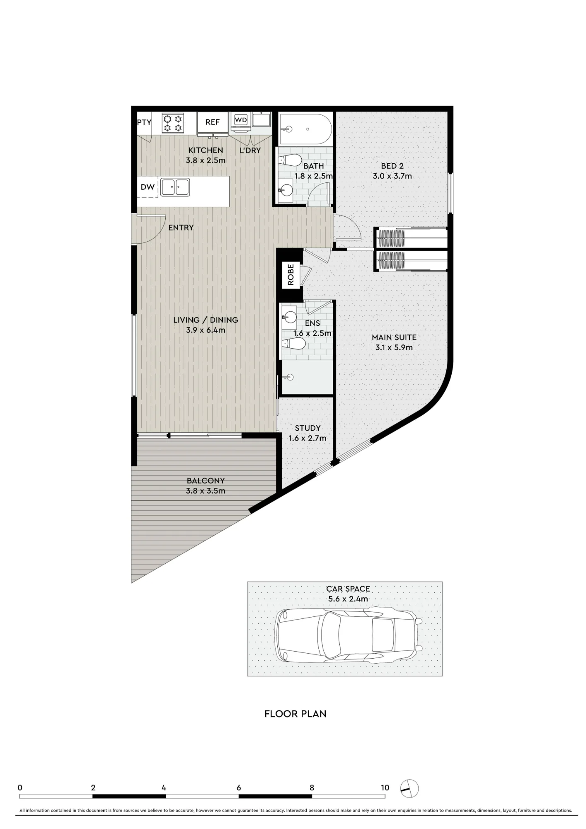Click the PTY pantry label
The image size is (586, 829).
[144, 122]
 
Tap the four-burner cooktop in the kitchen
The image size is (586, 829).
[173, 123]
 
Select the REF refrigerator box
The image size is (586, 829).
[213, 123]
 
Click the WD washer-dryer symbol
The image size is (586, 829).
[241, 120]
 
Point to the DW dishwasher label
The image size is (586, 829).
[148, 187]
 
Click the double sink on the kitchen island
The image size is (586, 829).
[175, 187]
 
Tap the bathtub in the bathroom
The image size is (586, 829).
[306, 129]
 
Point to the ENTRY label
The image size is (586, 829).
[181, 228]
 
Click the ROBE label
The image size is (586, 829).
[291, 274]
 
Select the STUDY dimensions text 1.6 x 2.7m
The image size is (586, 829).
[308, 438]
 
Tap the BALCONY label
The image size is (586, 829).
[206, 481]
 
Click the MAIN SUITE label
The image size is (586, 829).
[394, 337]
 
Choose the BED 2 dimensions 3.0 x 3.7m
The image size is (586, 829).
[392, 176]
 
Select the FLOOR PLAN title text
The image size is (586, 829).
[295, 714]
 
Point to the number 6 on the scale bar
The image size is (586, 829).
[239, 788]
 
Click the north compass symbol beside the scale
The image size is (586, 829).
[409, 788]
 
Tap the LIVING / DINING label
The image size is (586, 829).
[206, 320]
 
